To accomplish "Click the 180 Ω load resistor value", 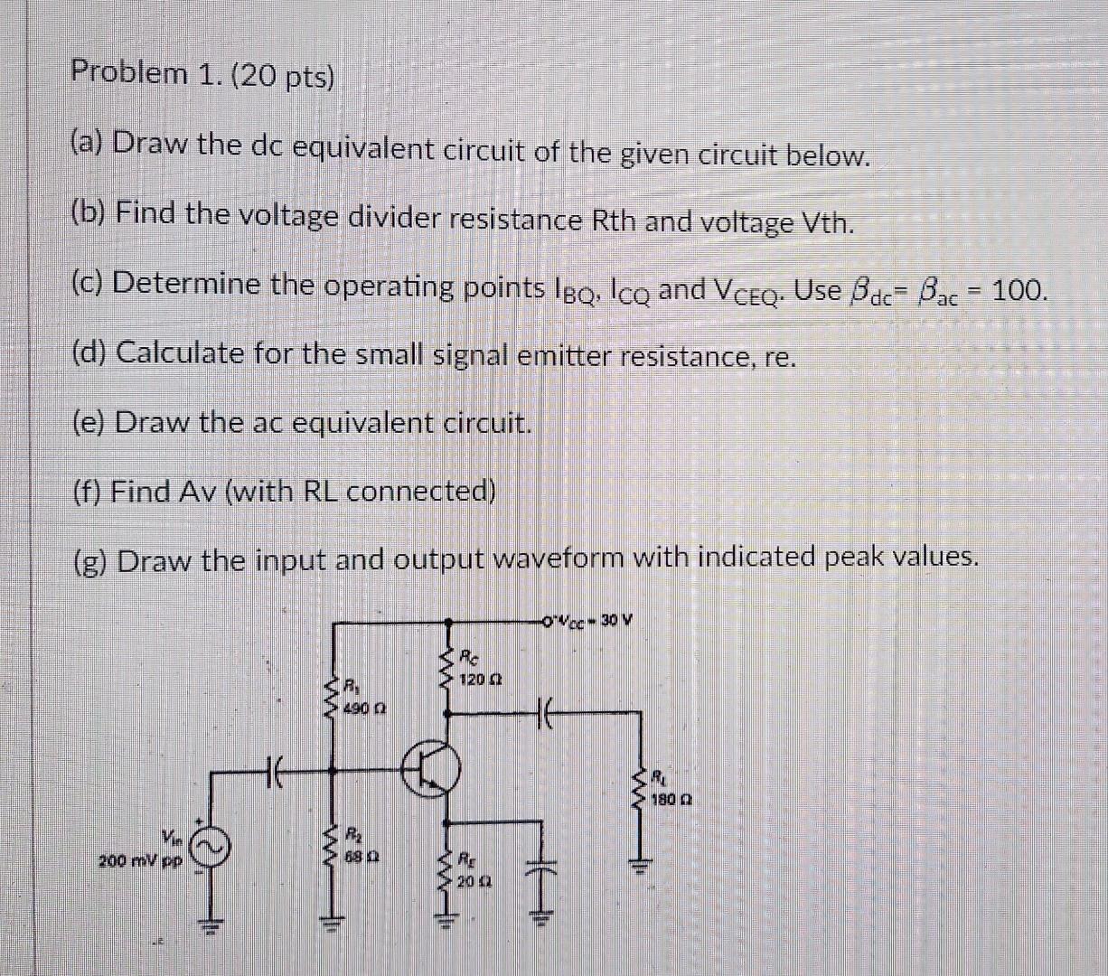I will (x=673, y=800).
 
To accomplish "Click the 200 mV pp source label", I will (x=141, y=861).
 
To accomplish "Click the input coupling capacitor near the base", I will (x=275, y=772).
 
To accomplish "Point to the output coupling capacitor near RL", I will (x=545, y=712).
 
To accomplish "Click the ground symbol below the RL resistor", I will (x=643, y=868).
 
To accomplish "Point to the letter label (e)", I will (x=89, y=421).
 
